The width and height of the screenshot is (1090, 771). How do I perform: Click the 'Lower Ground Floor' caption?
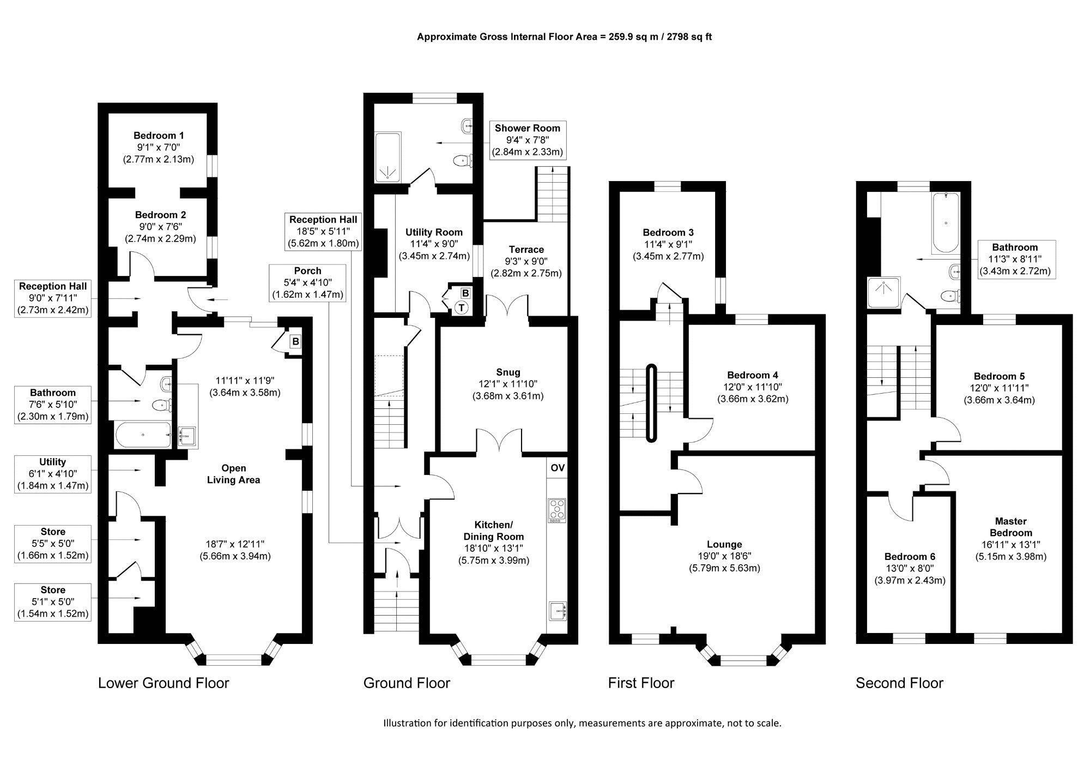tap(163, 683)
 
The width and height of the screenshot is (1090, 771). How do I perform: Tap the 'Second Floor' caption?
tap(899, 683)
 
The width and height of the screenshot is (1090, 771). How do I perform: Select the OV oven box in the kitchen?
tap(558, 468)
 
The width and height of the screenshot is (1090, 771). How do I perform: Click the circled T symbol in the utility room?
tap(462, 308)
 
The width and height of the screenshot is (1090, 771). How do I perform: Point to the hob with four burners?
tap(557, 511)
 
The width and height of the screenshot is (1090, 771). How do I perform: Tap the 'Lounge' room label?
tap(724, 544)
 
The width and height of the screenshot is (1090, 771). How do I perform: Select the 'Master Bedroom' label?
tap(1011, 527)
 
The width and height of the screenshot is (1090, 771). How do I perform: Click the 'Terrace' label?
tap(526, 250)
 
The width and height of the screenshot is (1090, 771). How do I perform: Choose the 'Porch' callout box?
tap(307, 283)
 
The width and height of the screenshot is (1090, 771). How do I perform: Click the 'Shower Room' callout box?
tap(527, 140)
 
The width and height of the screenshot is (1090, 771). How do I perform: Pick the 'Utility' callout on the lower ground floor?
tap(52, 474)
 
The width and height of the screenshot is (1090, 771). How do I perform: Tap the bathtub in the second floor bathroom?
tap(946, 223)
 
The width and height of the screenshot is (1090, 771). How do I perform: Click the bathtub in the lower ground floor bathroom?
tap(143, 435)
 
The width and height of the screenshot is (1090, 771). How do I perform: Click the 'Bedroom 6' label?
tap(910, 557)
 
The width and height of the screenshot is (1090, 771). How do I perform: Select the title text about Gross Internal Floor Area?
tap(564, 37)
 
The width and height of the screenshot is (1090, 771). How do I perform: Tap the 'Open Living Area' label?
tap(233, 474)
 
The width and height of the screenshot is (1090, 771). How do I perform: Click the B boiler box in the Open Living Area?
tap(295, 342)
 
